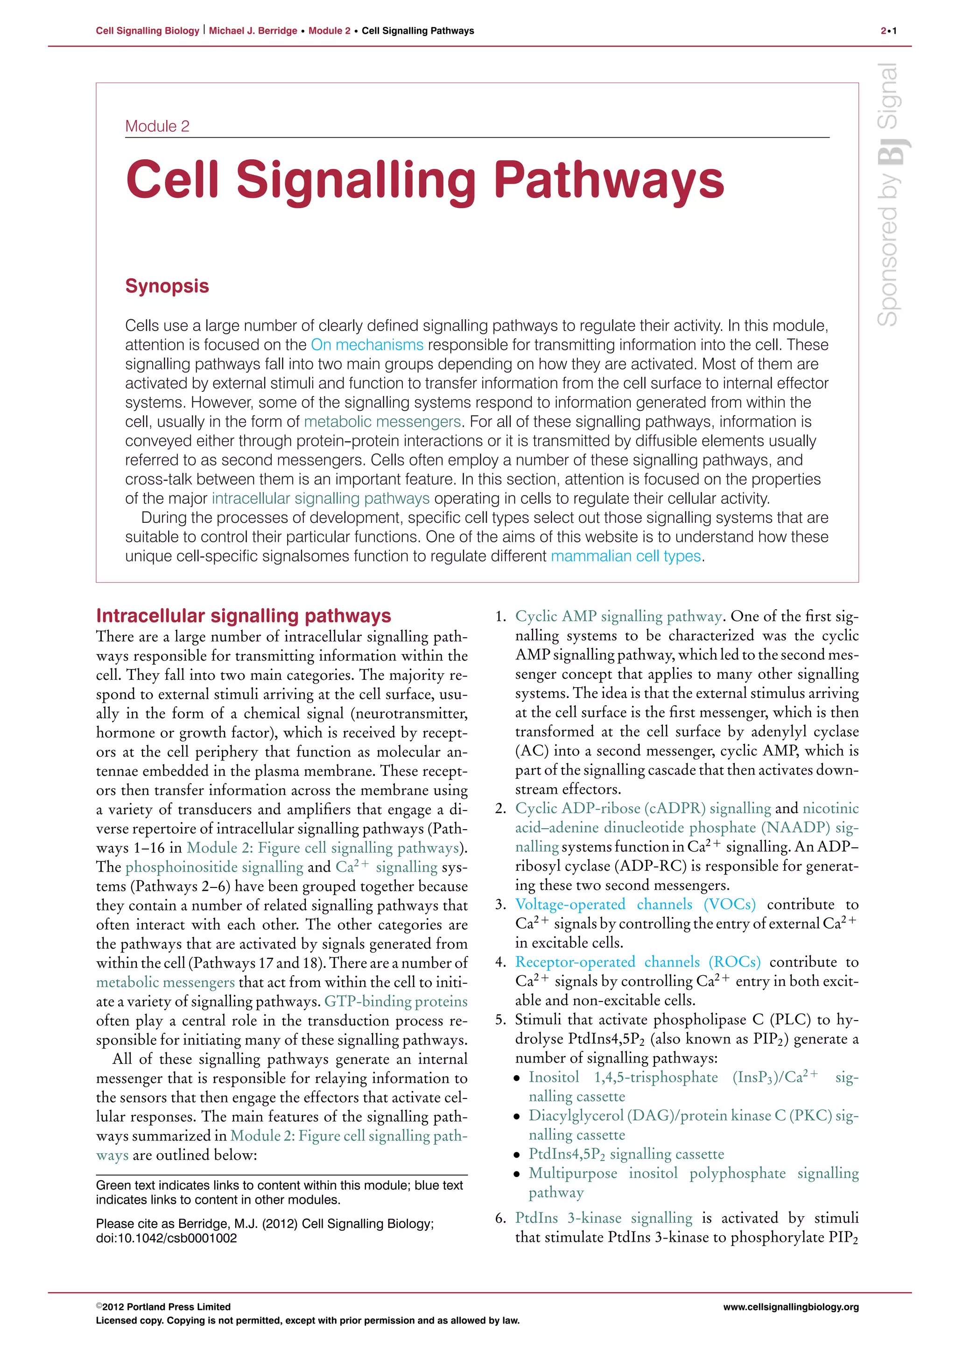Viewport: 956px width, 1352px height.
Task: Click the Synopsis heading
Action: coord(167,286)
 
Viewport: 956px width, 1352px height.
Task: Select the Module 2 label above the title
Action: coord(157,126)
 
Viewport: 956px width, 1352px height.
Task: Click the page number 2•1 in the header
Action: coord(888,31)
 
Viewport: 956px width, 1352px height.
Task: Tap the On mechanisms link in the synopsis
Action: coord(367,345)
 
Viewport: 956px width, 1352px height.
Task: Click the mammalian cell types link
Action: coord(626,556)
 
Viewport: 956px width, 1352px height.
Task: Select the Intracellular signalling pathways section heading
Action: coord(243,616)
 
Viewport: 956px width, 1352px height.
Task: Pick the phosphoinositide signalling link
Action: coord(214,867)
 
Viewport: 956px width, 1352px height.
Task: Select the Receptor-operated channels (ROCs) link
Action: coord(638,962)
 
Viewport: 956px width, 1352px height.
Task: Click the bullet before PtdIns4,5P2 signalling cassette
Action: coord(517,1155)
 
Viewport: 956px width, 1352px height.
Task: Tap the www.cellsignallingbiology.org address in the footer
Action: coord(791,1307)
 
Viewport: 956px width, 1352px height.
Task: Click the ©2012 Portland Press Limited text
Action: coord(163,1307)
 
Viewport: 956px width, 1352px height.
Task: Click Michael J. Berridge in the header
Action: coord(253,31)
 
